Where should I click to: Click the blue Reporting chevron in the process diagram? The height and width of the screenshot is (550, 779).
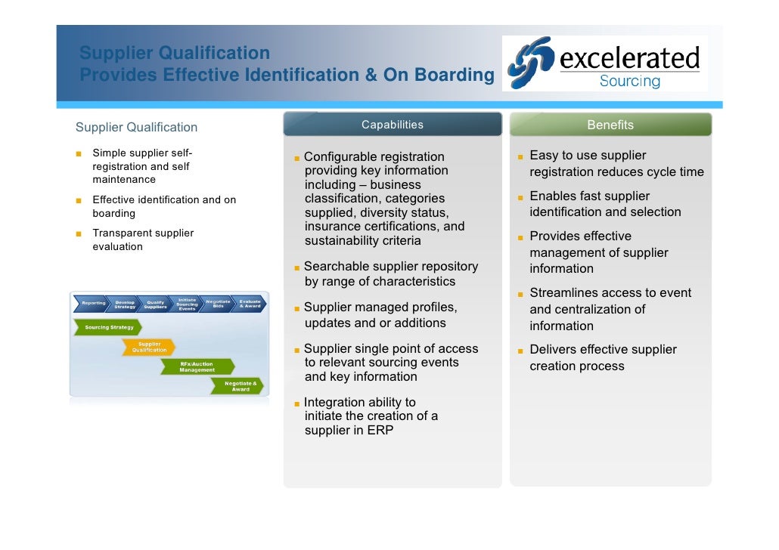[93, 304]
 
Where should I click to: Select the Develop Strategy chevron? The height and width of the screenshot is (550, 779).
[125, 304]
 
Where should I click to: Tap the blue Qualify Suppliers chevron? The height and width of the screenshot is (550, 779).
[156, 304]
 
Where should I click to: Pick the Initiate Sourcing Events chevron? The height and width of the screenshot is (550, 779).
[187, 304]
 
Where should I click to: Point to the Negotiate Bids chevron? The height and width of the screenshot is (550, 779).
[219, 304]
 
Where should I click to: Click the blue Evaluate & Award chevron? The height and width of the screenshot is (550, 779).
[250, 304]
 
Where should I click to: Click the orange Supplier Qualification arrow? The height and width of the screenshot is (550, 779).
[149, 347]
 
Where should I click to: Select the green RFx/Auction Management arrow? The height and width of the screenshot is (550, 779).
[197, 367]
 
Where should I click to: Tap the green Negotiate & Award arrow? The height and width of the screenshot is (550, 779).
[240, 386]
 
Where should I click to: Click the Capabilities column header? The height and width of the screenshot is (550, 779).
[393, 125]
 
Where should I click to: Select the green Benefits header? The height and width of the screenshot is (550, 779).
[610, 125]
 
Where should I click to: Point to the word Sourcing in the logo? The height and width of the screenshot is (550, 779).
[629, 81]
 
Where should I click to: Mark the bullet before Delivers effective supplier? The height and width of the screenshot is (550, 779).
[520, 351]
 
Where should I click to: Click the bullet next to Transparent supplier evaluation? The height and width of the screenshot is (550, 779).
[78, 233]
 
